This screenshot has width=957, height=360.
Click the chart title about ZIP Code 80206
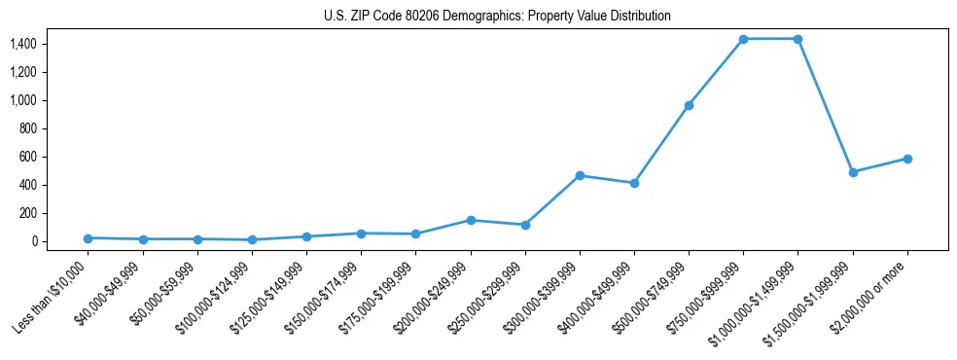point(497,17)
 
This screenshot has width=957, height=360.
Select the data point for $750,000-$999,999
point(743,39)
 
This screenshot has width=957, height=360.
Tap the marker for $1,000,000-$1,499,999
point(797,39)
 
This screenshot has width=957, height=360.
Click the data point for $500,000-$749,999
point(689,105)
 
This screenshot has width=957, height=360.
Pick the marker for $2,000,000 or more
point(907,159)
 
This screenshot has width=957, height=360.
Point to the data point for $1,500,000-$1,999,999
point(853,172)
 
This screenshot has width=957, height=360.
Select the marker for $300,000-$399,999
point(580,175)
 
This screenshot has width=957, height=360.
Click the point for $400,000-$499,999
point(634,183)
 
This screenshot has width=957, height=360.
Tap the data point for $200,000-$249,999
point(471,220)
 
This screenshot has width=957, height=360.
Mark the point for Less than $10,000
point(89,238)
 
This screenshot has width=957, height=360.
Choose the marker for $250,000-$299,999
point(525,225)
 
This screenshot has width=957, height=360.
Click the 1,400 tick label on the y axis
point(22,44)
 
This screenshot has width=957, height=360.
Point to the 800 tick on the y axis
point(26,128)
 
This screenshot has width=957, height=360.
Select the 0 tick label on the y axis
point(33,241)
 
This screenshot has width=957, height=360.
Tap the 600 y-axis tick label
point(26,157)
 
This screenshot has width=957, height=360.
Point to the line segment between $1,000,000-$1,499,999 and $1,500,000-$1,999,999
point(825,105)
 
